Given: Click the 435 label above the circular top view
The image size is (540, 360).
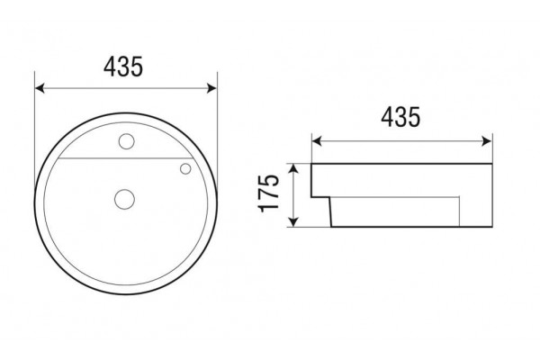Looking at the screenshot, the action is pyautogui.click(x=123, y=67).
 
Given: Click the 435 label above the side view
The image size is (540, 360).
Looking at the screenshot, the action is pyautogui.click(x=400, y=117).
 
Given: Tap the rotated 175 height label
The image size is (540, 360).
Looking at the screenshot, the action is pyautogui.click(x=268, y=193).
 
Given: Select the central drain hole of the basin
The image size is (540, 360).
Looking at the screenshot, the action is pyautogui.click(x=124, y=199).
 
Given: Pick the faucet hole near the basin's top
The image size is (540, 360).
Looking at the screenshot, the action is pyautogui.click(x=126, y=141).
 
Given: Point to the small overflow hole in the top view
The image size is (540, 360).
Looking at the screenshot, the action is pyautogui.click(x=185, y=169).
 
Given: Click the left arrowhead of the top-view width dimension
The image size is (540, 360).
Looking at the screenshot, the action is pyautogui.click(x=40, y=88).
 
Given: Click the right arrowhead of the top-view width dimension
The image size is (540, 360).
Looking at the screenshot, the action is pyautogui.click(x=211, y=88).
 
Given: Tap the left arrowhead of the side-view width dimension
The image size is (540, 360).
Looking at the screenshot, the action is pyautogui.click(x=317, y=141).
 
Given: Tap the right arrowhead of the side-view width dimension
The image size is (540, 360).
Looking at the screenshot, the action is pyautogui.click(x=487, y=141).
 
